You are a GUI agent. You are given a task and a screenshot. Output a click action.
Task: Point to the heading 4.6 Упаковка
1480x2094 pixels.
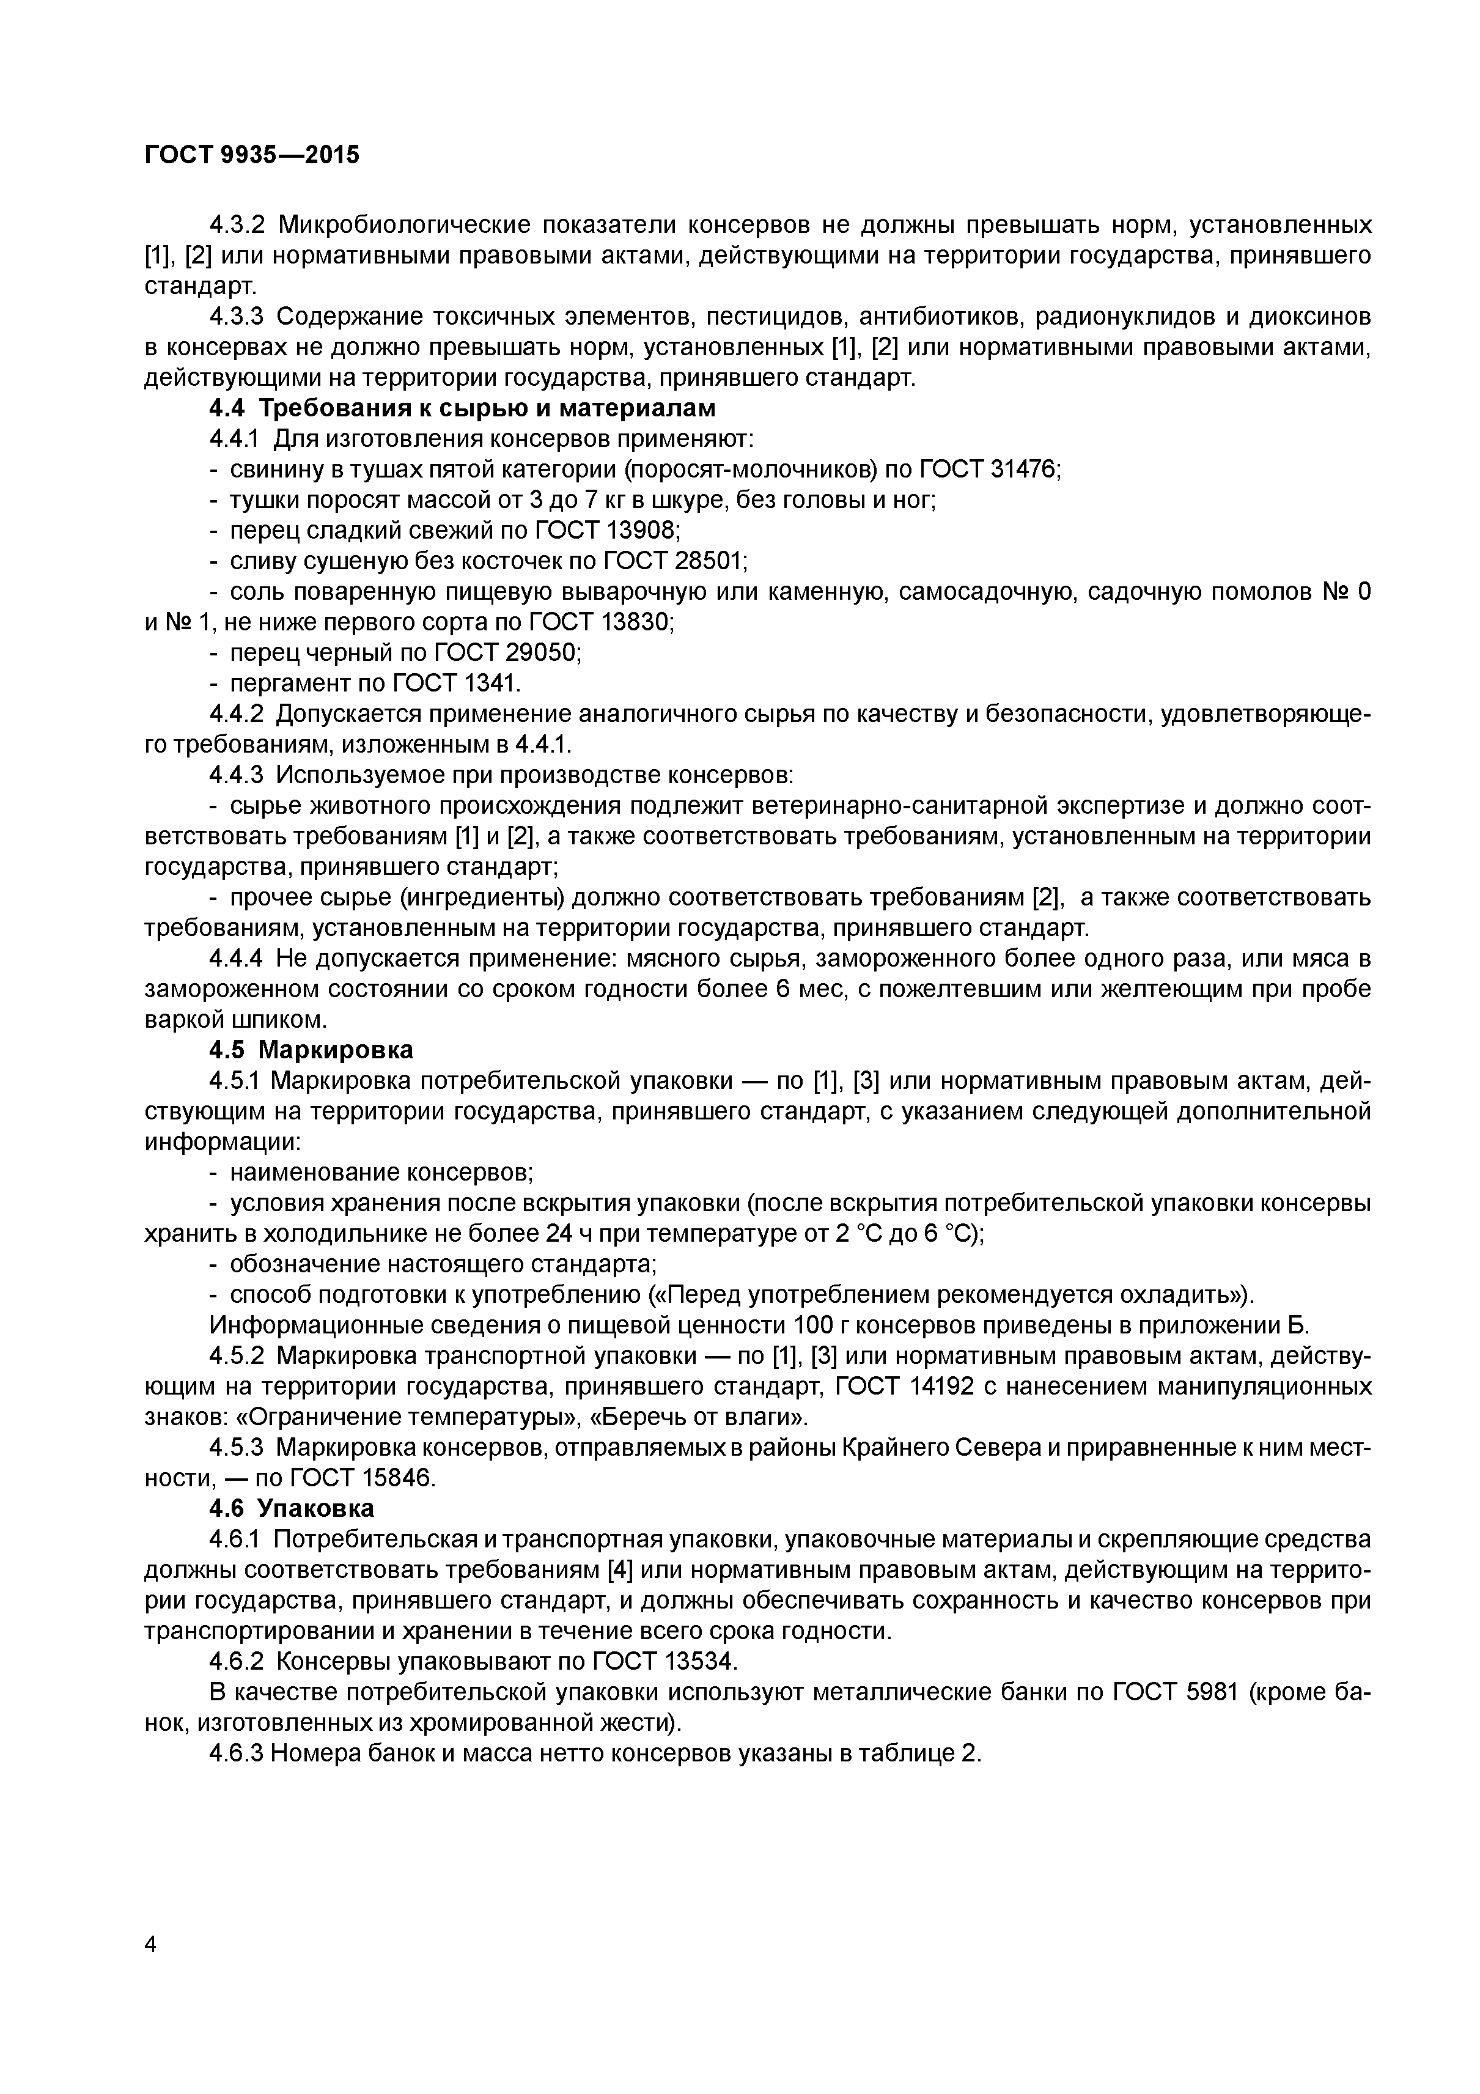click(292, 1508)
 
